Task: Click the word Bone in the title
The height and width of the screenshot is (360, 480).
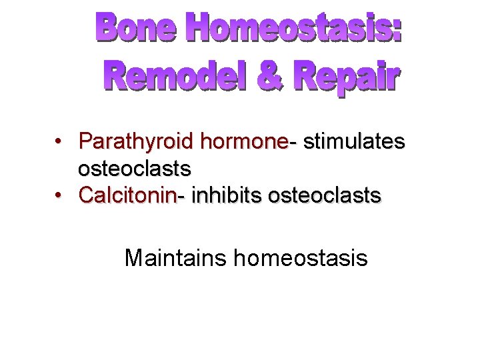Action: (x=137, y=27)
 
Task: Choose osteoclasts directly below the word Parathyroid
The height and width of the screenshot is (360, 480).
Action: (x=135, y=168)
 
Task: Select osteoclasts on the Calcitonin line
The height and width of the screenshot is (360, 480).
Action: (x=324, y=195)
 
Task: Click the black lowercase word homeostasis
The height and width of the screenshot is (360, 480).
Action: (x=301, y=257)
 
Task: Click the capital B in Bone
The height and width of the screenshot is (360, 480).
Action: (x=109, y=27)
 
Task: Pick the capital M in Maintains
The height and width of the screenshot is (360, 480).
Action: (x=133, y=257)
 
